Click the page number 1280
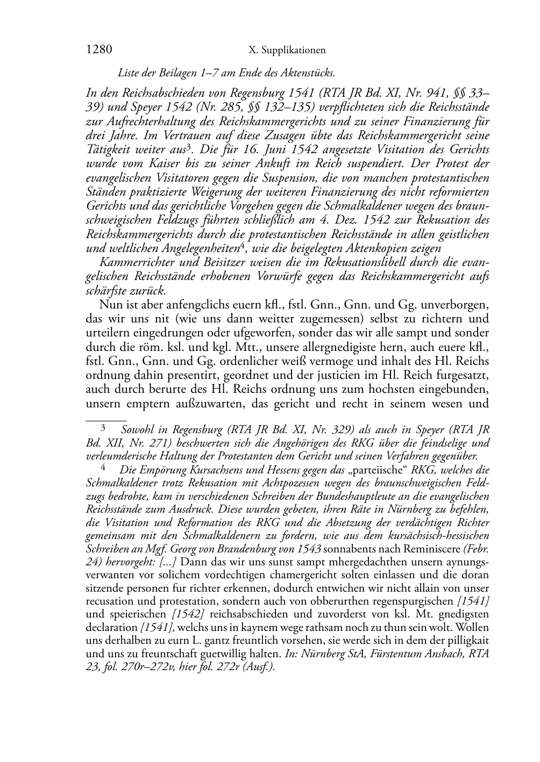(99, 50)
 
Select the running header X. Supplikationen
(287, 51)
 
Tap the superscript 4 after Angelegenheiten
(243, 245)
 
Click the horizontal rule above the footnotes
(106, 415)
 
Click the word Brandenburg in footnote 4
(244, 549)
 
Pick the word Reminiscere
(432, 549)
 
